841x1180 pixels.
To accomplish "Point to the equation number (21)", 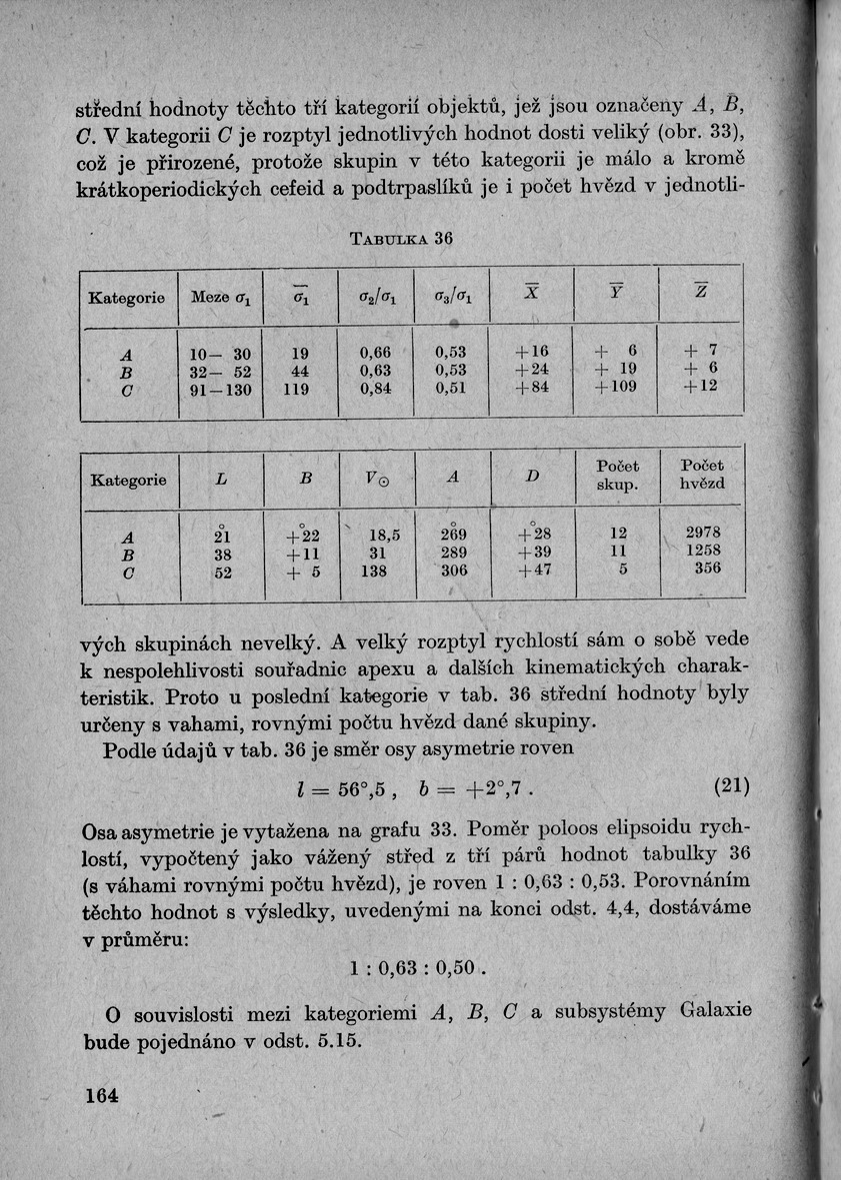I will click(x=732, y=786).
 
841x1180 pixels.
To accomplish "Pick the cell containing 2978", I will click(x=702, y=533).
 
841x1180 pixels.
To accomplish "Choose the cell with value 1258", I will click(x=702, y=551).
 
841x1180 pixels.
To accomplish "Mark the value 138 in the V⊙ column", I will click(x=377, y=570).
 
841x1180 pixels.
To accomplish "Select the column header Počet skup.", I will click(x=617, y=477).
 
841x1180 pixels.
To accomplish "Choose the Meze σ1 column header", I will click(x=220, y=297).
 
